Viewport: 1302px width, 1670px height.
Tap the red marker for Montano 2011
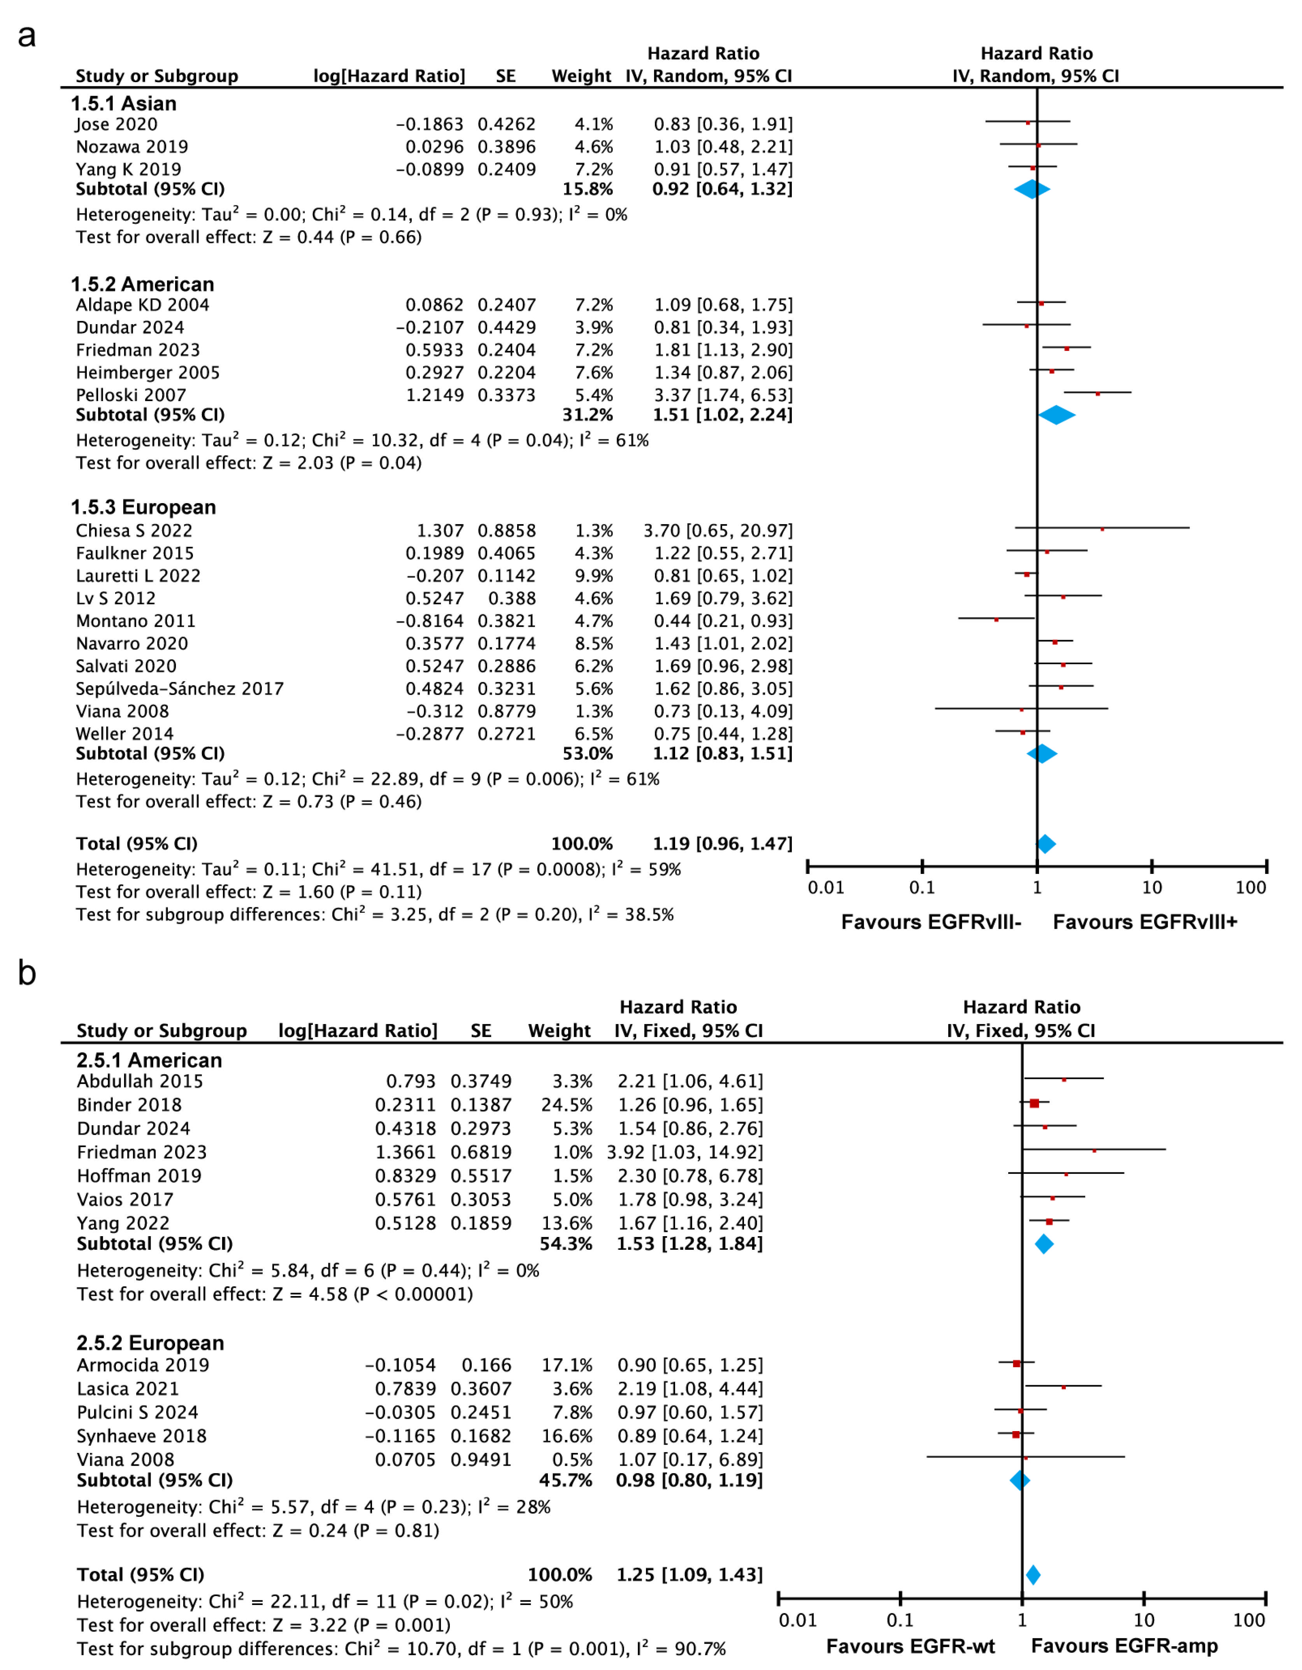[996, 619]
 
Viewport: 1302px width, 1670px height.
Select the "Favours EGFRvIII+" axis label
[1144, 922]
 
